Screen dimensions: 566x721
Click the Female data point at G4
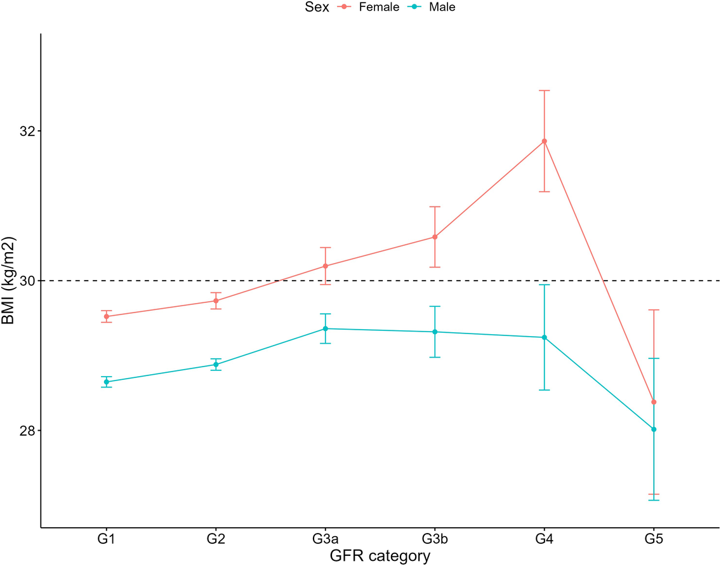pyautogui.click(x=544, y=141)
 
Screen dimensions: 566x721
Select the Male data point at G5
pyautogui.click(x=654, y=429)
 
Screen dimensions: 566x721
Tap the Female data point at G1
pyautogui.click(x=107, y=316)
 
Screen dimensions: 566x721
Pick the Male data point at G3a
pyautogui.click(x=326, y=328)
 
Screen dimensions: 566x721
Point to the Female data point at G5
pyautogui.click(x=654, y=402)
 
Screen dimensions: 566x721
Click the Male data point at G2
pyautogui.click(x=216, y=365)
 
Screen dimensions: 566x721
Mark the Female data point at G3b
pyautogui.click(x=435, y=237)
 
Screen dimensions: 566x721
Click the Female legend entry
pyautogui.click(x=378, y=8)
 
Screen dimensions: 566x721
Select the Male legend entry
pyautogui.click(x=442, y=8)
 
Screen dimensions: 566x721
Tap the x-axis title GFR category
pyautogui.click(x=380, y=556)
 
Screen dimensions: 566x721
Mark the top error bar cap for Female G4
pyautogui.click(x=544, y=91)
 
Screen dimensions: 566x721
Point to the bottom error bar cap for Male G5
pyautogui.click(x=654, y=501)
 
